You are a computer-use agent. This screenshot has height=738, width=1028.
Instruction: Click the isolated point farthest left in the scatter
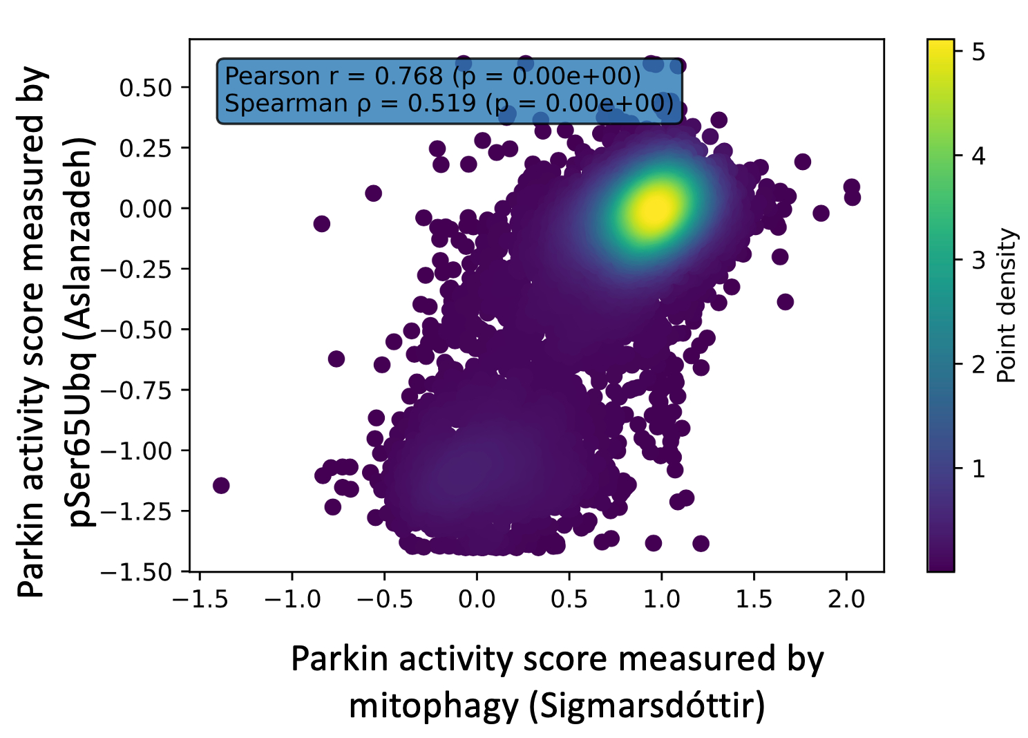(x=221, y=485)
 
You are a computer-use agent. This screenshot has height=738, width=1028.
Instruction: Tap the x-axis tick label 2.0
(x=846, y=598)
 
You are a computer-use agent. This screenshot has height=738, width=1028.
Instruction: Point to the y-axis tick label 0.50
(x=145, y=88)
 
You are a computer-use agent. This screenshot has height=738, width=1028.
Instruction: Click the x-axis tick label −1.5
(x=200, y=598)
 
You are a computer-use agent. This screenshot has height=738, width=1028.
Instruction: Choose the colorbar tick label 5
(x=978, y=52)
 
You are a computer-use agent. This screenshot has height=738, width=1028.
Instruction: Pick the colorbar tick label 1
(x=978, y=469)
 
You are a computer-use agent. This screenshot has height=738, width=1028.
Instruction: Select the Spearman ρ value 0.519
(x=441, y=104)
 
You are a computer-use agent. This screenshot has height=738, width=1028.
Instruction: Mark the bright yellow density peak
(x=654, y=207)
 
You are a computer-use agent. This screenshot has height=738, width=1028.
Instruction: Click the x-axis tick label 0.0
(x=477, y=598)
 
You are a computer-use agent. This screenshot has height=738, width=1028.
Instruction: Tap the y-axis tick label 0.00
(x=145, y=209)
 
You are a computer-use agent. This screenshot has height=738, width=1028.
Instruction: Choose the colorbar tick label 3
(x=978, y=261)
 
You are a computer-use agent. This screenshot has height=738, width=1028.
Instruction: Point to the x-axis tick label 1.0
(x=661, y=598)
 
